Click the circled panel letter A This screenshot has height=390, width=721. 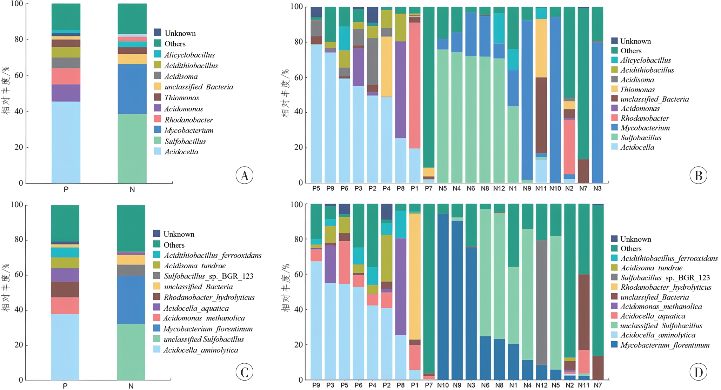pyautogui.click(x=244, y=175)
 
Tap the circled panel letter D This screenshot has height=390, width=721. pyautogui.click(x=698, y=372)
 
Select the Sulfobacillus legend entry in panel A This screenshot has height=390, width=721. pyautogui.click(x=185, y=141)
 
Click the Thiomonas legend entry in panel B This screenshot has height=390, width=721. pyautogui.click(x=637, y=89)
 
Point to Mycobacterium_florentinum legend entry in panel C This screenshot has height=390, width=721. pyautogui.click(x=208, y=329)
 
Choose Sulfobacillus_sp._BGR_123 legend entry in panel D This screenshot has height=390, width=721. pyautogui.click(x=665, y=277)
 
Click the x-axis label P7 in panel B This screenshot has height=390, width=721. pyautogui.click(x=428, y=188)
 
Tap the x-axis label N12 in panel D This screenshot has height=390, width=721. pyautogui.click(x=541, y=385)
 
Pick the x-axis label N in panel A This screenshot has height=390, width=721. pyautogui.click(x=132, y=189)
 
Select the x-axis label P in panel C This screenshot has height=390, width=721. pyautogui.click(x=65, y=386)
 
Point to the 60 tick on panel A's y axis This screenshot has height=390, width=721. pyautogui.click(x=19, y=75)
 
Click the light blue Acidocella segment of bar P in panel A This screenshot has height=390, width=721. pyautogui.click(x=66, y=142)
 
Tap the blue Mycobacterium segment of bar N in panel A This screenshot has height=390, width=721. pyautogui.click(x=132, y=89)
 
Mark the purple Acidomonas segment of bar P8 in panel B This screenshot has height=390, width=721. pyautogui.click(x=400, y=90)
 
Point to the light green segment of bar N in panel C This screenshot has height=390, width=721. pyautogui.click(x=131, y=351)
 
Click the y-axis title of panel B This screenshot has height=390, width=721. pyautogui.click(x=286, y=93)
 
